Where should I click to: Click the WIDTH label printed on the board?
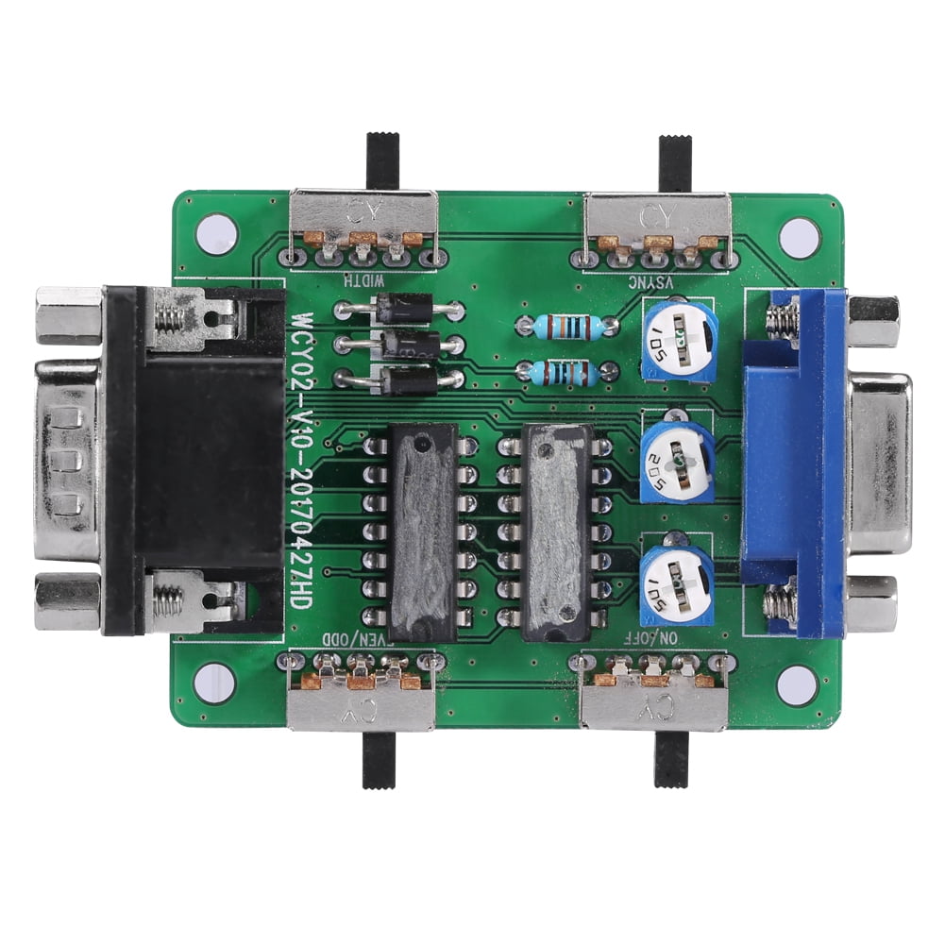(x=364, y=278)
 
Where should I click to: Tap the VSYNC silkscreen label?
(x=655, y=280)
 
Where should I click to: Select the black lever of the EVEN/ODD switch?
(x=379, y=759)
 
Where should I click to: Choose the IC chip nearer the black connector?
(x=422, y=532)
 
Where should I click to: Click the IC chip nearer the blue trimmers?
(x=557, y=532)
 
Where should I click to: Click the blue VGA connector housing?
(x=793, y=463)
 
